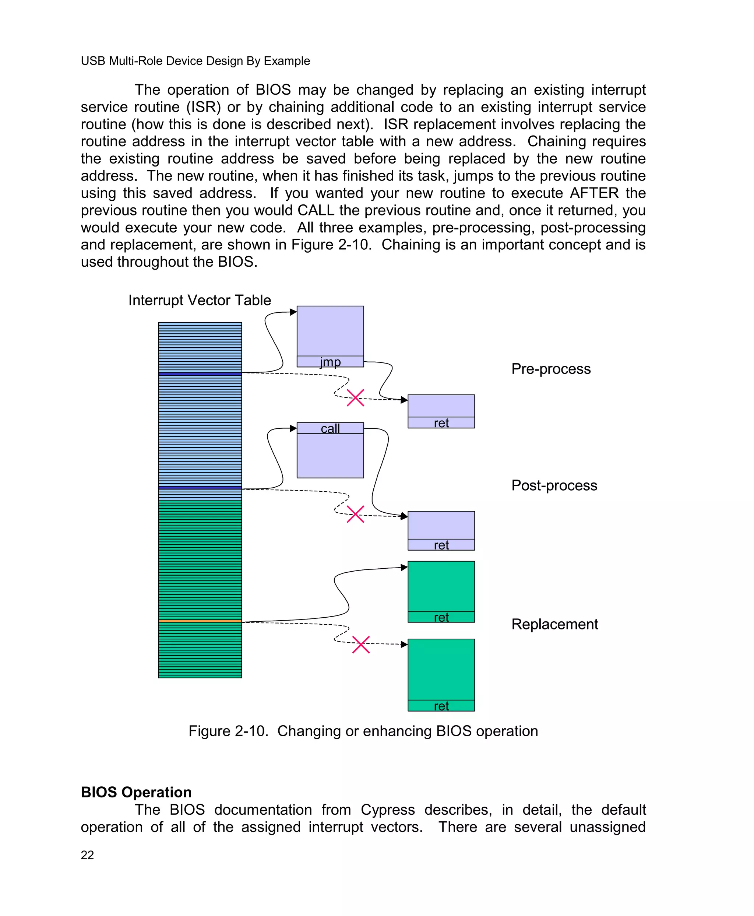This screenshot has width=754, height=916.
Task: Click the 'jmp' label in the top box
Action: (x=330, y=362)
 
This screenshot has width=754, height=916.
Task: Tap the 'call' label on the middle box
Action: (x=330, y=428)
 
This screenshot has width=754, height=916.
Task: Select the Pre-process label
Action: (x=551, y=369)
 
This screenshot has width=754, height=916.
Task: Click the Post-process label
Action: (x=554, y=485)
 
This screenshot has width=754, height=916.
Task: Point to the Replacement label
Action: (x=555, y=624)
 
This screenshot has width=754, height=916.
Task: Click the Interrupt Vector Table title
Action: (x=199, y=300)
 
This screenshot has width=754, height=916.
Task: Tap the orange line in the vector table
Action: (x=200, y=621)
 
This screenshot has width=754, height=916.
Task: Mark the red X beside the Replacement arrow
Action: (x=361, y=645)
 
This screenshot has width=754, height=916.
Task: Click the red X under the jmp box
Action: (x=355, y=398)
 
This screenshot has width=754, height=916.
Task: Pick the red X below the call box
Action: (x=355, y=514)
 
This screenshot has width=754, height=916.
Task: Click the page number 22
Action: (x=87, y=855)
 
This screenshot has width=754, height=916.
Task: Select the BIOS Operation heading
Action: (x=136, y=792)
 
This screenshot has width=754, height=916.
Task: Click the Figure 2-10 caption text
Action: (x=363, y=731)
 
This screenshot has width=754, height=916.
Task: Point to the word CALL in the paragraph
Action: (x=316, y=210)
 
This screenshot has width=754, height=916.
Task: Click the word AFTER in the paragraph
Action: (x=594, y=193)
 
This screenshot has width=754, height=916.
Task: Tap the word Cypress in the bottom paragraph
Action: (x=387, y=810)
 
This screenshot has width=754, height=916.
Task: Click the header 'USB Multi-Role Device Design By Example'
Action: (x=195, y=61)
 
